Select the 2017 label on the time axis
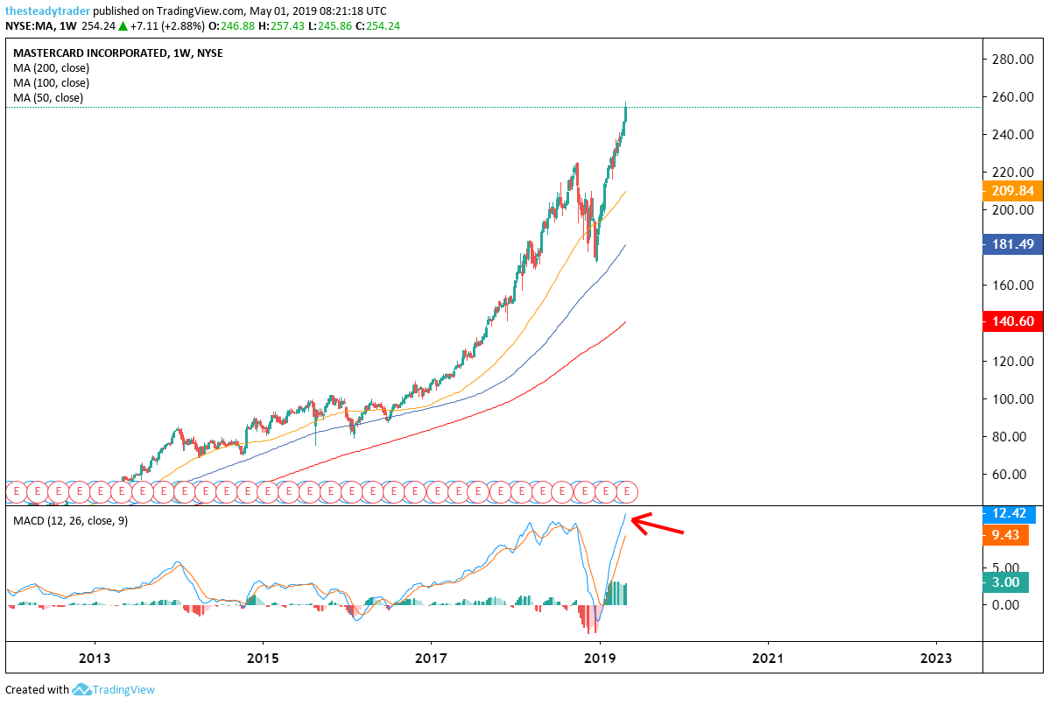(431, 658)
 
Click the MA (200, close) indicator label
(51, 67)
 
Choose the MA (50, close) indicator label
(48, 97)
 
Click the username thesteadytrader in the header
(46, 11)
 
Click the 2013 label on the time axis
(95, 658)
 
